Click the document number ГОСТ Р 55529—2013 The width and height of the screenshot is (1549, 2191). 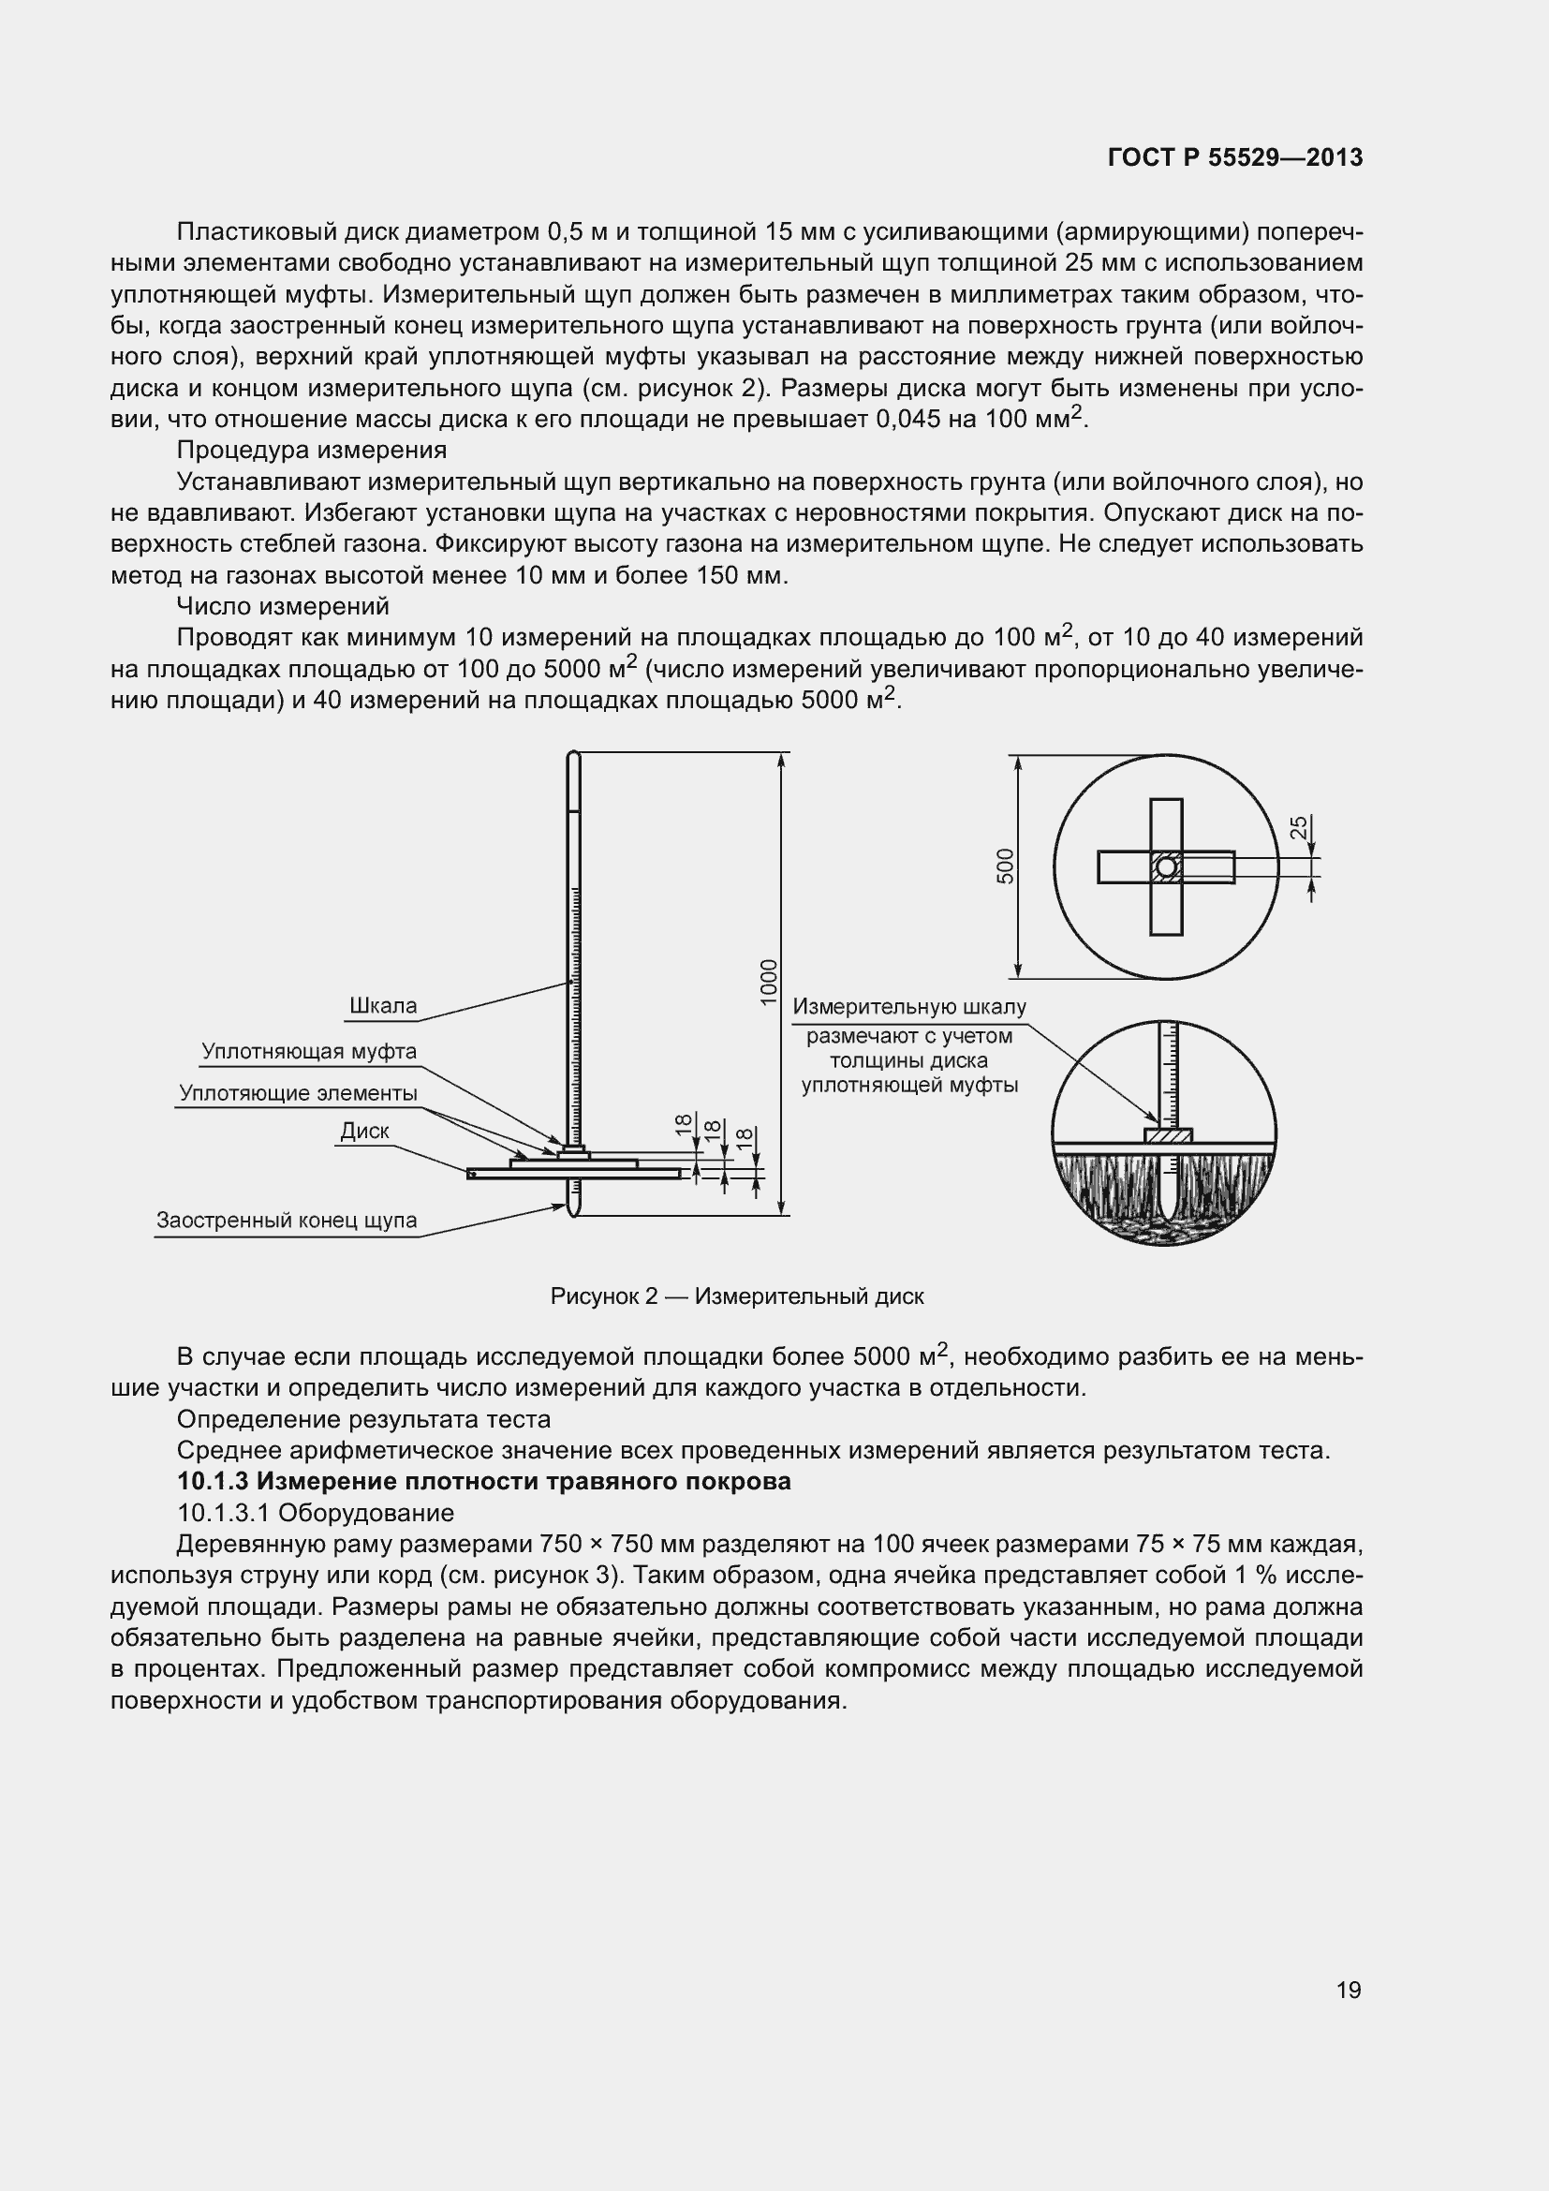(x=1235, y=157)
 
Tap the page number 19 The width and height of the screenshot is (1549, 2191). (x=1349, y=1990)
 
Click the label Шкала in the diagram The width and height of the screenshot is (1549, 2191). (x=382, y=1006)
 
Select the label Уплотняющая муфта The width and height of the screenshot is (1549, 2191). (x=309, y=1052)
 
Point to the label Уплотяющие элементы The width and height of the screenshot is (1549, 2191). (x=299, y=1092)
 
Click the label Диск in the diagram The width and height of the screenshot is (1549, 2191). (x=364, y=1131)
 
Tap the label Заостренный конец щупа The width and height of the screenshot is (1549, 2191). (x=287, y=1221)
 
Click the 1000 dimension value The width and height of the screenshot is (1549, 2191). (x=769, y=982)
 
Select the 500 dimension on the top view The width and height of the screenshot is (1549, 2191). (x=1005, y=866)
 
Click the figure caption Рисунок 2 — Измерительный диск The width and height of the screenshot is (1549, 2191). (x=736, y=1295)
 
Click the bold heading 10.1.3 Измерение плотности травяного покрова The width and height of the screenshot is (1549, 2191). (x=483, y=1481)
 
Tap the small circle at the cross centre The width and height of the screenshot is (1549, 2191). (x=1167, y=866)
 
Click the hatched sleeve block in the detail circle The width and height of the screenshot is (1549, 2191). (x=1168, y=1136)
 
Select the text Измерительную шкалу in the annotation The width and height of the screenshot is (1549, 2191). (x=909, y=1007)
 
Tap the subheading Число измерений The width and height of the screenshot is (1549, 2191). (x=282, y=606)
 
